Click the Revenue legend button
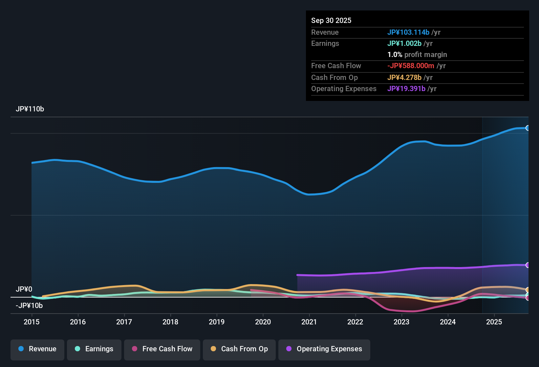(x=37, y=349)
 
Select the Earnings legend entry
(x=94, y=349)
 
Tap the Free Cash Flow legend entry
(x=162, y=349)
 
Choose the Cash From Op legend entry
(x=239, y=349)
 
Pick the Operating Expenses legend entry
(x=324, y=349)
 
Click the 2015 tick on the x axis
(x=32, y=322)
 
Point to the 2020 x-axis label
(x=263, y=322)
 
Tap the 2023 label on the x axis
(x=401, y=322)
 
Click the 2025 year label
(x=494, y=322)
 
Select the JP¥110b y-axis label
(x=30, y=109)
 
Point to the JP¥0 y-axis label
(x=24, y=289)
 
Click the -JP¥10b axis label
(x=29, y=306)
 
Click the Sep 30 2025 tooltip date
(x=331, y=21)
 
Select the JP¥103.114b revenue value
(x=408, y=32)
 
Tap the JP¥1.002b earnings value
(x=404, y=44)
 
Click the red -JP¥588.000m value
(x=411, y=66)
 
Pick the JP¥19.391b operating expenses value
(x=406, y=89)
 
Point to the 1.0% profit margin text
(x=417, y=55)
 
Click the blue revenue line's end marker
(x=528, y=128)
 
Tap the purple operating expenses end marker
(x=528, y=265)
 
